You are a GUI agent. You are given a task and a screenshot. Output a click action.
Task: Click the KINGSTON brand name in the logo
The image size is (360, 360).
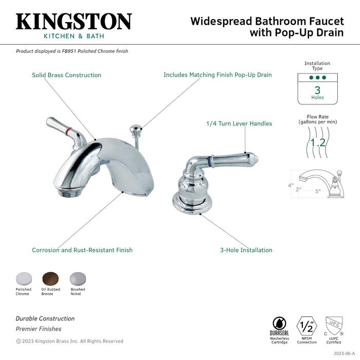click(74, 21)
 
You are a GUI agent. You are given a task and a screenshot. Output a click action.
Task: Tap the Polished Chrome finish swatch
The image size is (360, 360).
click(23, 278)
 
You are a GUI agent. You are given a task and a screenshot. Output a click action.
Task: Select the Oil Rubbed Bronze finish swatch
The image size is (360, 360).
click(50, 278)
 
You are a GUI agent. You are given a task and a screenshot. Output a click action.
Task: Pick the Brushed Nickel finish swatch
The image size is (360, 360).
click(78, 278)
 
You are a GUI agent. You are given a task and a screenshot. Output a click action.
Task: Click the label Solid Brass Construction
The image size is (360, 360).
click(66, 75)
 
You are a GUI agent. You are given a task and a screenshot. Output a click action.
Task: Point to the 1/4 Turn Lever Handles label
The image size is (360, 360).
click(239, 123)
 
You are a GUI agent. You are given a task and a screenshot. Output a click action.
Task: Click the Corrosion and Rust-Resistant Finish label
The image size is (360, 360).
click(82, 250)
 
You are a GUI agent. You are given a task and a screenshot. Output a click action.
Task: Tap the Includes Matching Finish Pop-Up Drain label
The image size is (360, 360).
click(218, 75)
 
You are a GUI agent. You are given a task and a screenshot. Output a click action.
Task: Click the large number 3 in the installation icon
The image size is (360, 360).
click(317, 89)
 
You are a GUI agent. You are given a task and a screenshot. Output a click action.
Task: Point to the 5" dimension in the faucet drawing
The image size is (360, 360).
click(318, 191)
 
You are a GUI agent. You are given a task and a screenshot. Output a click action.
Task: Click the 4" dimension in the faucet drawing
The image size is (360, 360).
click(291, 185)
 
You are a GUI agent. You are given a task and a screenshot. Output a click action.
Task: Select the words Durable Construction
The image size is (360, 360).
click(45, 318)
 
